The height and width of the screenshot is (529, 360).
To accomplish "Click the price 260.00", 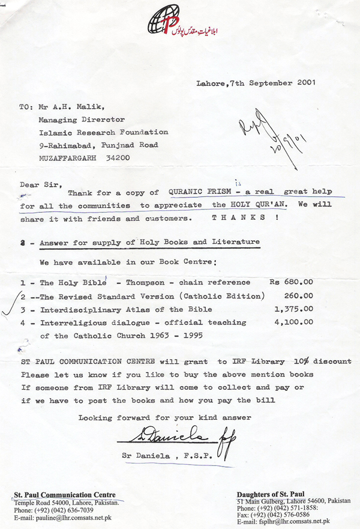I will [x=298, y=295].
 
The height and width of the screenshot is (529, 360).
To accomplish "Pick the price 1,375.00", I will [x=293, y=309].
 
